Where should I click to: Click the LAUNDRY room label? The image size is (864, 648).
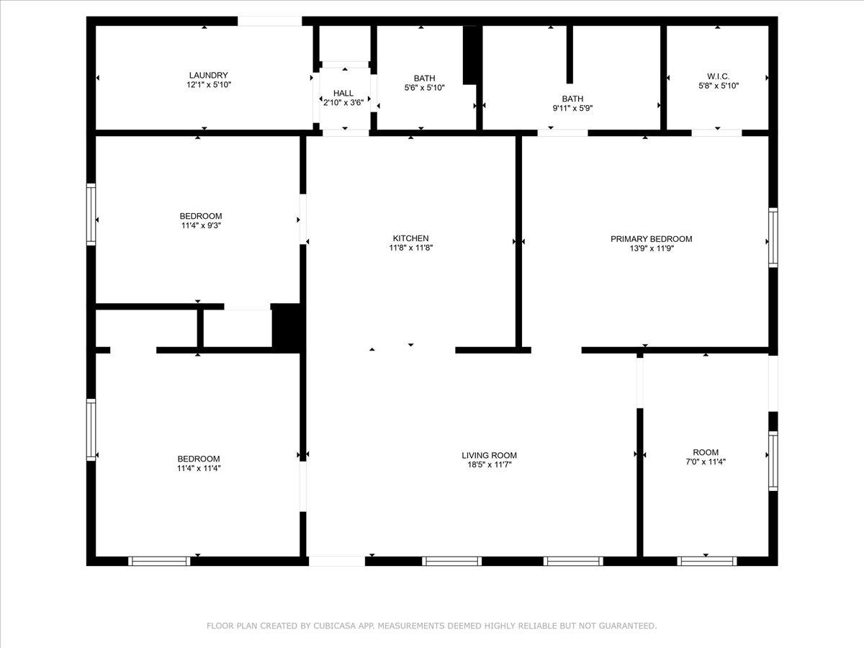tap(209, 75)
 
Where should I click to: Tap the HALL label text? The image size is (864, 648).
tap(343, 93)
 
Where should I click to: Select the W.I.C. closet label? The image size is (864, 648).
tap(718, 76)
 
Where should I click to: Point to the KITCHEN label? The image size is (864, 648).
tap(410, 238)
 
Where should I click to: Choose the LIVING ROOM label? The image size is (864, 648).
tap(489, 455)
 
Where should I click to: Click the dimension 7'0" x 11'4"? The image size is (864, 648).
tap(706, 462)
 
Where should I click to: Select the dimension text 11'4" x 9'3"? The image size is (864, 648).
tap(201, 225)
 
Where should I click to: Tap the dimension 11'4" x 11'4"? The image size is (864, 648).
tap(199, 468)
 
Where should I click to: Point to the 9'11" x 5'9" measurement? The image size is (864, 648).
tap(572, 108)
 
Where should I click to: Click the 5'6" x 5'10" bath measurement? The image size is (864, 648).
tap(424, 88)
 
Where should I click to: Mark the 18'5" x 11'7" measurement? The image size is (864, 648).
tap(489, 464)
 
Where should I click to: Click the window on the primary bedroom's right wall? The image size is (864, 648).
tap(773, 237)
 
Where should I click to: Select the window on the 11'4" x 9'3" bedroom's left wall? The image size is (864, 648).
tap(91, 214)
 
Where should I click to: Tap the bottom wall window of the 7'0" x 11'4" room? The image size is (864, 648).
tap(707, 561)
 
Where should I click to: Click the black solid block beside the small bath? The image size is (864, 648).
tap(470, 55)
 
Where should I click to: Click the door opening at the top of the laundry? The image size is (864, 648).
tap(270, 22)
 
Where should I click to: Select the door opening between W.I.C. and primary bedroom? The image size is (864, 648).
tap(716, 132)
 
